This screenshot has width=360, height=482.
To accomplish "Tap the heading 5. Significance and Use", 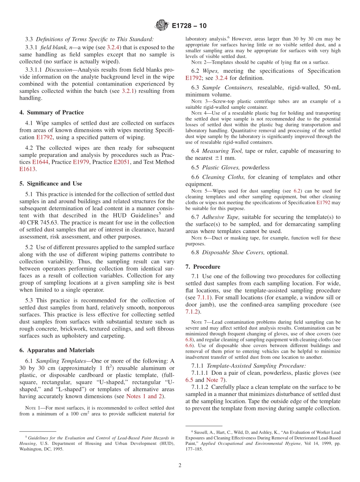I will [51, 183].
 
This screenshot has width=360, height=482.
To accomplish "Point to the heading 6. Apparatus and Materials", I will [57, 350].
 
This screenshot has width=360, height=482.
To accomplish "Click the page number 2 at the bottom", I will [180, 465].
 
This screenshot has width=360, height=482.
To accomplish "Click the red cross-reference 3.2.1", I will [129, 91].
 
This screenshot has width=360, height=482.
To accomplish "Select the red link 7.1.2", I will [192, 311].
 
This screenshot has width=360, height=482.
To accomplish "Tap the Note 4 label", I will [196, 113].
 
